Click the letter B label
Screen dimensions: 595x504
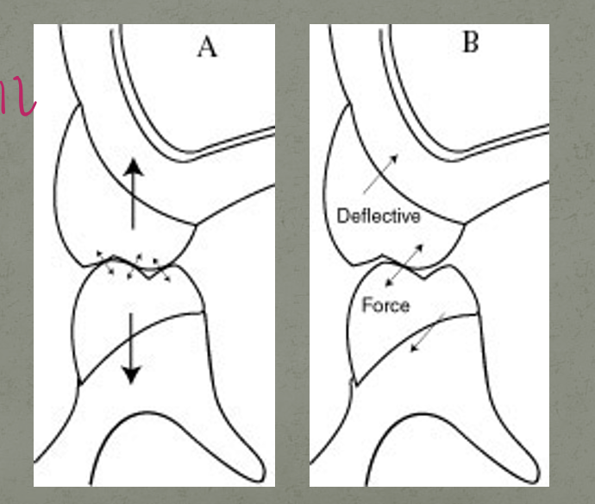(x=471, y=42)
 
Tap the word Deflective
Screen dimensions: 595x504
(x=379, y=216)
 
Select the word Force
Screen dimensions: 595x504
(x=385, y=305)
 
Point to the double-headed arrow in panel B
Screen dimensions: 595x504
(x=404, y=264)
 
